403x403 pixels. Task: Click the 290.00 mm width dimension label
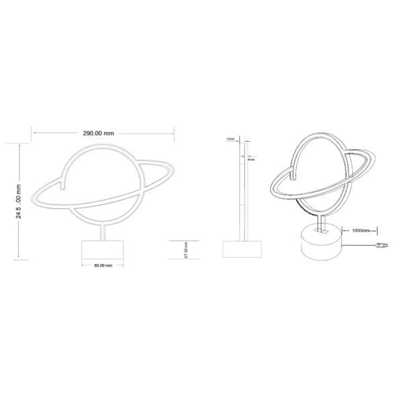[x=102, y=133]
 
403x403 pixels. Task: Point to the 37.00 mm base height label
[x=185, y=251]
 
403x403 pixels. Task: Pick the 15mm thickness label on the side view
[x=230, y=139]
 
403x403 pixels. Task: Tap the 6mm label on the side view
[x=250, y=160]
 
